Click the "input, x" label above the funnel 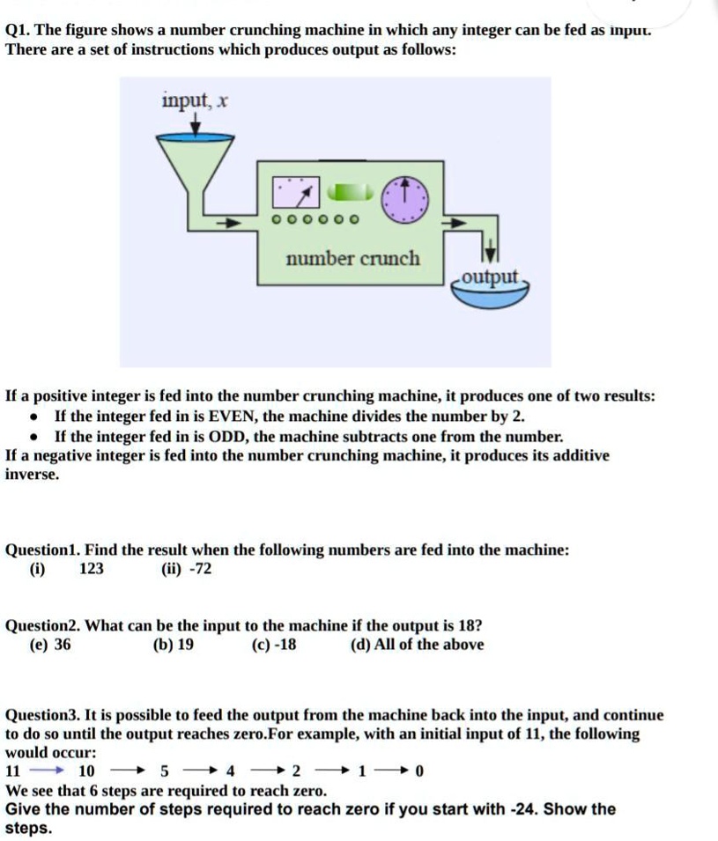click(195, 101)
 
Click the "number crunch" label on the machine click(353, 259)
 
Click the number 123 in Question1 click(92, 569)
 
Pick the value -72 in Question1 click(199, 569)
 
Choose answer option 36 click(63, 645)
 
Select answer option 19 click(186, 645)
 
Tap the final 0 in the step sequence click(419, 771)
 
